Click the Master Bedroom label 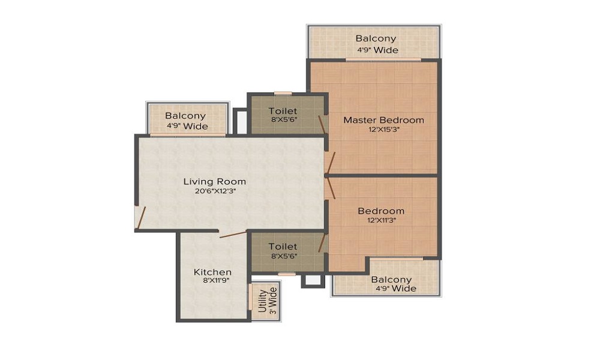coord(383,120)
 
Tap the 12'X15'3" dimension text coord(383,130)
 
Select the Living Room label coord(214,181)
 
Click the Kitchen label coord(212,272)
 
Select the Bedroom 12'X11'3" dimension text coord(381,220)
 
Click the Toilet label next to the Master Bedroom coord(283,111)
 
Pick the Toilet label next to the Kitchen coord(283,246)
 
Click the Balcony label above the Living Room coord(185,116)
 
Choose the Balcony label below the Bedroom coord(391,280)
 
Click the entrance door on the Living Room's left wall coord(139,218)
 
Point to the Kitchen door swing coord(232,233)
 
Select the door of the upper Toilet coord(322,124)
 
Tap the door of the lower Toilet coord(322,243)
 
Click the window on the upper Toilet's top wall coord(283,93)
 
